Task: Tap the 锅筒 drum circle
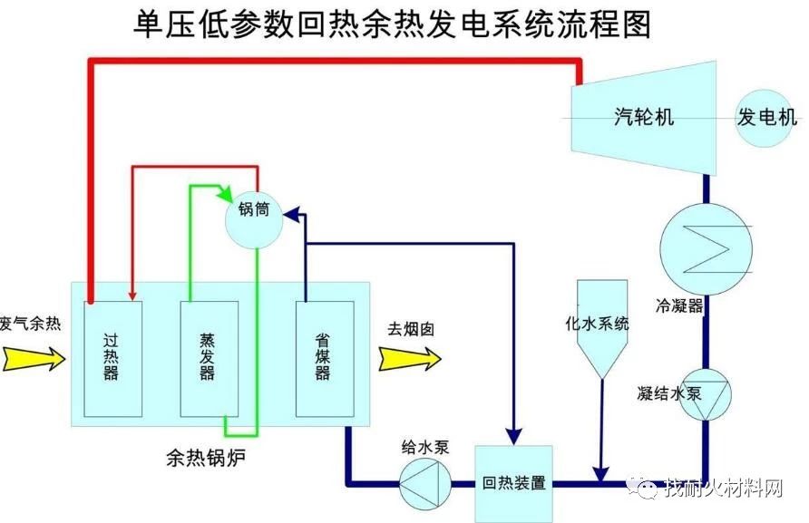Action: point(255,218)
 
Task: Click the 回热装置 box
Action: point(514,482)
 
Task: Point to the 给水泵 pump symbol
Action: point(425,483)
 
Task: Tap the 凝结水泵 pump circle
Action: point(705,394)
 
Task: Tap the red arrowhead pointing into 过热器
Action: point(133,293)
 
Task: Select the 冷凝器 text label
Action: point(680,305)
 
